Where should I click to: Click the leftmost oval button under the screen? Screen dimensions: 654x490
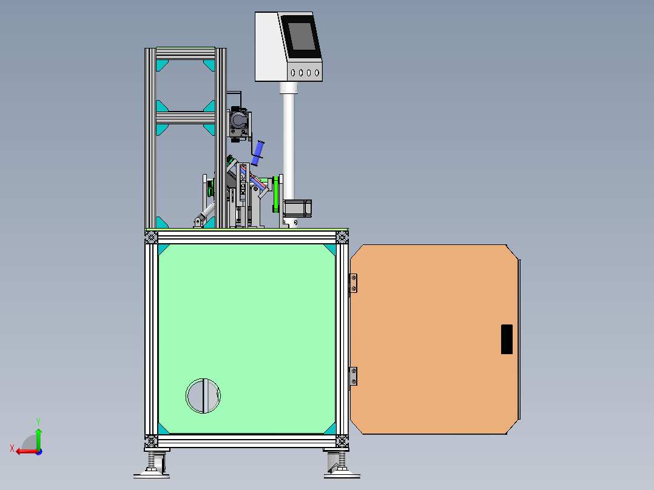pyautogui.click(x=293, y=73)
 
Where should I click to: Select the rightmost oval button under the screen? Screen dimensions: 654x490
pyautogui.click(x=317, y=73)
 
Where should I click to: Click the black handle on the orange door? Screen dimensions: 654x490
pyautogui.click(x=507, y=339)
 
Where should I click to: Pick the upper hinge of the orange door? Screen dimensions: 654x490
pyautogui.click(x=353, y=283)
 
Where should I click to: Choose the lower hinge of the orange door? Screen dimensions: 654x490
pyautogui.click(x=353, y=376)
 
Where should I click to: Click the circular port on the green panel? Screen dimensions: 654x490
pyautogui.click(x=203, y=396)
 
